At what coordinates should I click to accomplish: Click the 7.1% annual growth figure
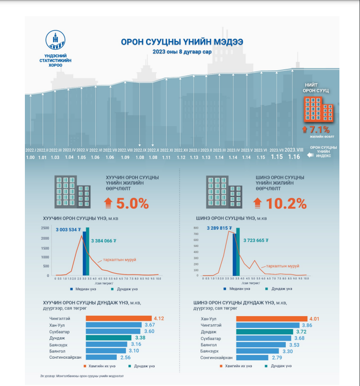click(x=318, y=129)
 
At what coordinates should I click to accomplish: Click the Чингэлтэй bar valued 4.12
click(x=118, y=318)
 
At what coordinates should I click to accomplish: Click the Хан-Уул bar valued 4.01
click(x=271, y=318)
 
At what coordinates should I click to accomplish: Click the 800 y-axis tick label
click(x=196, y=228)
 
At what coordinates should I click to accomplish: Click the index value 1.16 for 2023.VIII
click(x=294, y=156)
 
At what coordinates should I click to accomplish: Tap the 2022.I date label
click(x=31, y=150)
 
